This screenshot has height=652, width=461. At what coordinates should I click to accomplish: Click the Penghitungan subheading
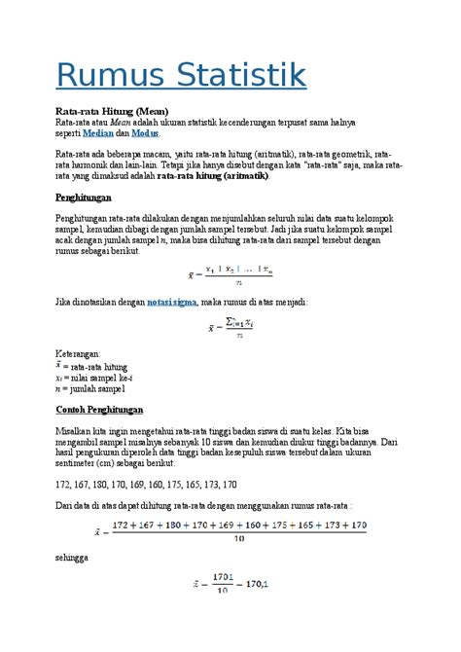(87, 198)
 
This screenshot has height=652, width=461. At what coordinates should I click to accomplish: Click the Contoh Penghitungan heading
(99, 409)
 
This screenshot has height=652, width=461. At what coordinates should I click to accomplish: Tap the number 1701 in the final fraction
(221, 577)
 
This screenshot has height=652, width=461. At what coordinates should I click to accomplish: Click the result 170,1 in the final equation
(255, 584)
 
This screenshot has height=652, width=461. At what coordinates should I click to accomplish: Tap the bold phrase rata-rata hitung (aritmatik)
(214, 177)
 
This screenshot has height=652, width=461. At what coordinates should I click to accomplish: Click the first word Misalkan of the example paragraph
(76, 430)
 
